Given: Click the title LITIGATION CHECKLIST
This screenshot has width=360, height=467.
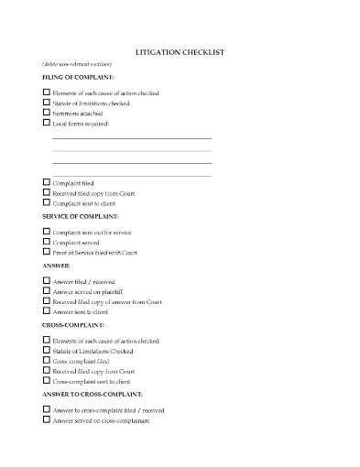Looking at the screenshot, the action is click(x=180, y=52).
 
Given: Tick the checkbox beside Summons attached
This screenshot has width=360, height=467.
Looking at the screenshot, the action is click(x=47, y=113).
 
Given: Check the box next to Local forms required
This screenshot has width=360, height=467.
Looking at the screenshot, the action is click(x=47, y=123).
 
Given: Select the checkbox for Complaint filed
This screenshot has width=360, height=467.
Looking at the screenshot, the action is click(x=47, y=183).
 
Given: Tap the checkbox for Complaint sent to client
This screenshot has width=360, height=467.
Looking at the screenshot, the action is click(x=47, y=202).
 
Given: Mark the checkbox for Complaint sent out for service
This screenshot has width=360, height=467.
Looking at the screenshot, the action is click(x=47, y=232).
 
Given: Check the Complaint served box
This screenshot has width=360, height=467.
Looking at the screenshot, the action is click(x=47, y=242).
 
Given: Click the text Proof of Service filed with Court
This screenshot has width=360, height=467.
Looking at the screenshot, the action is click(x=95, y=252).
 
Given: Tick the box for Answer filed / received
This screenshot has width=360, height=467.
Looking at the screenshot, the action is click(x=47, y=281).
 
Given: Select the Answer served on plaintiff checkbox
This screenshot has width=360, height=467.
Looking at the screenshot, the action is click(x=47, y=291).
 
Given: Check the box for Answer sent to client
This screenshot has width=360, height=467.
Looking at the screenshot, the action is click(x=47, y=311).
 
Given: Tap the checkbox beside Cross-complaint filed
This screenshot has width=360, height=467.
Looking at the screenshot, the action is click(x=47, y=361).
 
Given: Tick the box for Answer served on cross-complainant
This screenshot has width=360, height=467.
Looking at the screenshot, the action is click(x=47, y=420).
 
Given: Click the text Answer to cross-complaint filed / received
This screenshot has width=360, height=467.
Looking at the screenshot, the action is click(x=108, y=410).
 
